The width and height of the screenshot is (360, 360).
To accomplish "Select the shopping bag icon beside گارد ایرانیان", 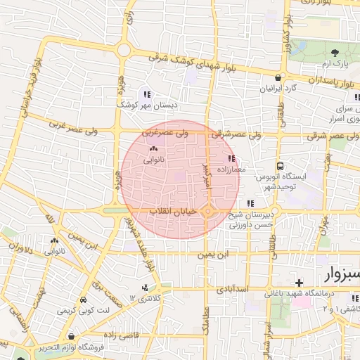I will click(279, 78).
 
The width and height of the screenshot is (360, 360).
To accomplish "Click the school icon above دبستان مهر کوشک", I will click(146, 94).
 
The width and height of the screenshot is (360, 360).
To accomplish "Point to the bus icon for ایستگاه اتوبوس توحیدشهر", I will click(281, 167).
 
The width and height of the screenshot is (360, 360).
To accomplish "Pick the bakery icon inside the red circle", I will click(153, 148).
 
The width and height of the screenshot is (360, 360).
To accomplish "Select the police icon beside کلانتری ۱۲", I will click(146, 287).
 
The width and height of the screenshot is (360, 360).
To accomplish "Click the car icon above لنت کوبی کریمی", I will click(84, 298).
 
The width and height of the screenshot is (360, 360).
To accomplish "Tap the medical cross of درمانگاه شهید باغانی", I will click(299, 283).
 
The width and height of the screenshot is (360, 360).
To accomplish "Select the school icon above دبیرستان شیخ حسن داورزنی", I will click(250, 203).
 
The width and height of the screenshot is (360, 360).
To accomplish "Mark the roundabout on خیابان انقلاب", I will click(208, 212).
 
